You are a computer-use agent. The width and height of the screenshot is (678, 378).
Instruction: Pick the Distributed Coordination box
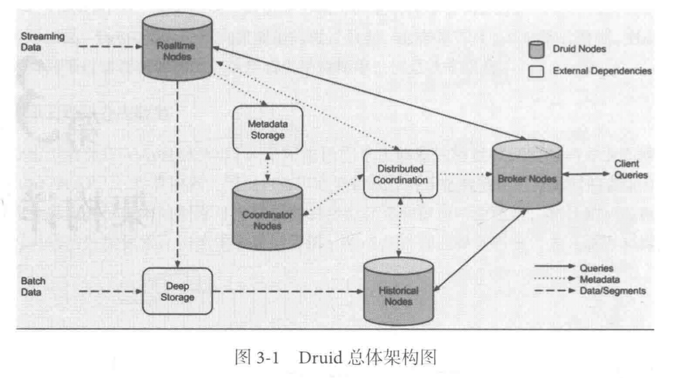[x=401, y=174]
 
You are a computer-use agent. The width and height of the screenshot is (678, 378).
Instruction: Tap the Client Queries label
[x=630, y=170]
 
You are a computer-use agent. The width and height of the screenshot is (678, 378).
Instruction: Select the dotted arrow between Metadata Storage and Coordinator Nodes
[x=266, y=168]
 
